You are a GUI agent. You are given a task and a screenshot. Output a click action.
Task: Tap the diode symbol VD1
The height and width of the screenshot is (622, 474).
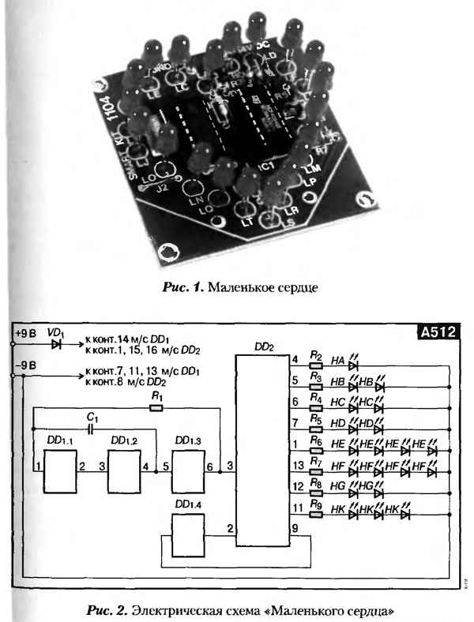pos(56,344)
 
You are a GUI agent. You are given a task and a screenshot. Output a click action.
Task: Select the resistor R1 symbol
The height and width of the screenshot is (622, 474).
pos(156,408)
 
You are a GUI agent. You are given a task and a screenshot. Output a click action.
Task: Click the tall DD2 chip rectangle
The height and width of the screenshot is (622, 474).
pos(262,451)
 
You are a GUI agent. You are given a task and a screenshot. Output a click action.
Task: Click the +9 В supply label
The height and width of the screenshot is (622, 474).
pos(26,334)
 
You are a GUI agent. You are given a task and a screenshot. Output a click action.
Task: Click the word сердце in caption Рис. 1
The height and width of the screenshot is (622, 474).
pos(296,287)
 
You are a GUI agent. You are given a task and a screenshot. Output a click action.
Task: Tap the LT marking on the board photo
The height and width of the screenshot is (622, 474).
pos(247,223)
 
